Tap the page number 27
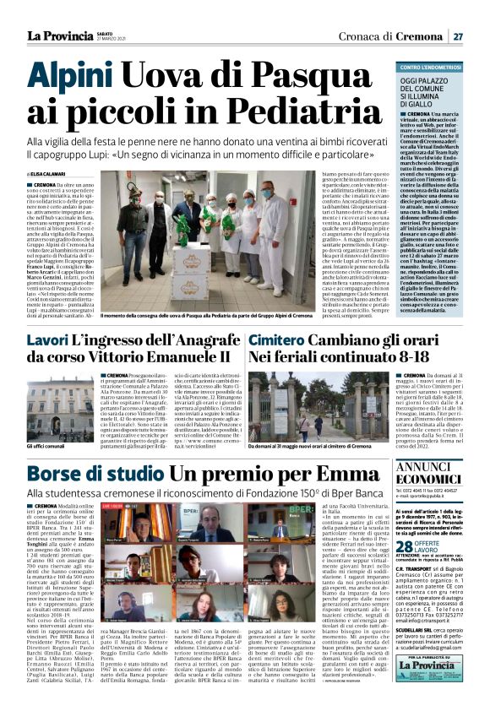point(457,35)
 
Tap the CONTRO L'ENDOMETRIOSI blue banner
point(440,67)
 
